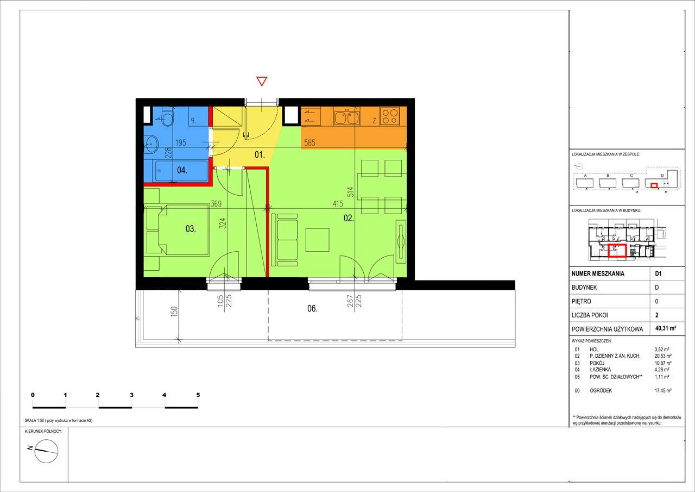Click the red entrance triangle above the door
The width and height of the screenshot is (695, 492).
click(x=262, y=81)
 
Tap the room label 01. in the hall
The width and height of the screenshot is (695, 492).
click(x=260, y=154)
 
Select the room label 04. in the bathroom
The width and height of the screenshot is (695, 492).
click(x=182, y=170)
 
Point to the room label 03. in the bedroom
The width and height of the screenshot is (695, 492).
click(x=191, y=229)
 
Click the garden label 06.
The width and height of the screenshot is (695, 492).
click(x=312, y=308)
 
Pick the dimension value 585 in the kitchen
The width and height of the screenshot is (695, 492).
click(x=309, y=142)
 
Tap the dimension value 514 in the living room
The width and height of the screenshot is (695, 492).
click(x=350, y=192)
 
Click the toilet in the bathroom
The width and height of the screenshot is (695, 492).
click(x=167, y=117)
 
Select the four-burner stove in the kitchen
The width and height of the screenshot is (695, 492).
click(x=390, y=116)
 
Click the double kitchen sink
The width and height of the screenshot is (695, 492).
click(x=346, y=117)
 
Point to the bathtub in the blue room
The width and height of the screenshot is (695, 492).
click(x=181, y=171)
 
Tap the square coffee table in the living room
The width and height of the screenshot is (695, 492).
click(x=317, y=240)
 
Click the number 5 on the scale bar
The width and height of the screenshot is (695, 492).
click(x=198, y=395)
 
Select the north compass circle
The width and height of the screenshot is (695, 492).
click(x=46, y=451)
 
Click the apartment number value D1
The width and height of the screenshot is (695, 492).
click(x=658, y=273)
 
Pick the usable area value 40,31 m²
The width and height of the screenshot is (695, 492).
click(x=666, y=328)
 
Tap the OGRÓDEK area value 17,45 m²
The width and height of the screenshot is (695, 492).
click(x=663, y=390)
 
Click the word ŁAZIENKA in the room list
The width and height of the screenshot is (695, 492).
click(x=601, y=370)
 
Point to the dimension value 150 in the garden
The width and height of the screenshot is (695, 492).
click(x=174, y=312)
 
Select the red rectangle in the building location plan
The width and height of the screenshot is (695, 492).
click(x=617, y=251)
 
